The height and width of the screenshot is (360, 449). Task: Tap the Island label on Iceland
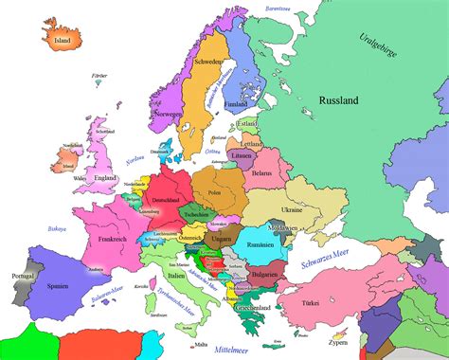pos(63,41)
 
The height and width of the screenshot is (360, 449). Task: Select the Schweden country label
pos(207,62)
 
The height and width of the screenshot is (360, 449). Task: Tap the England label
pos(106,176)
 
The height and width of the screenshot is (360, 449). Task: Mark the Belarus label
pos(261,173)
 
